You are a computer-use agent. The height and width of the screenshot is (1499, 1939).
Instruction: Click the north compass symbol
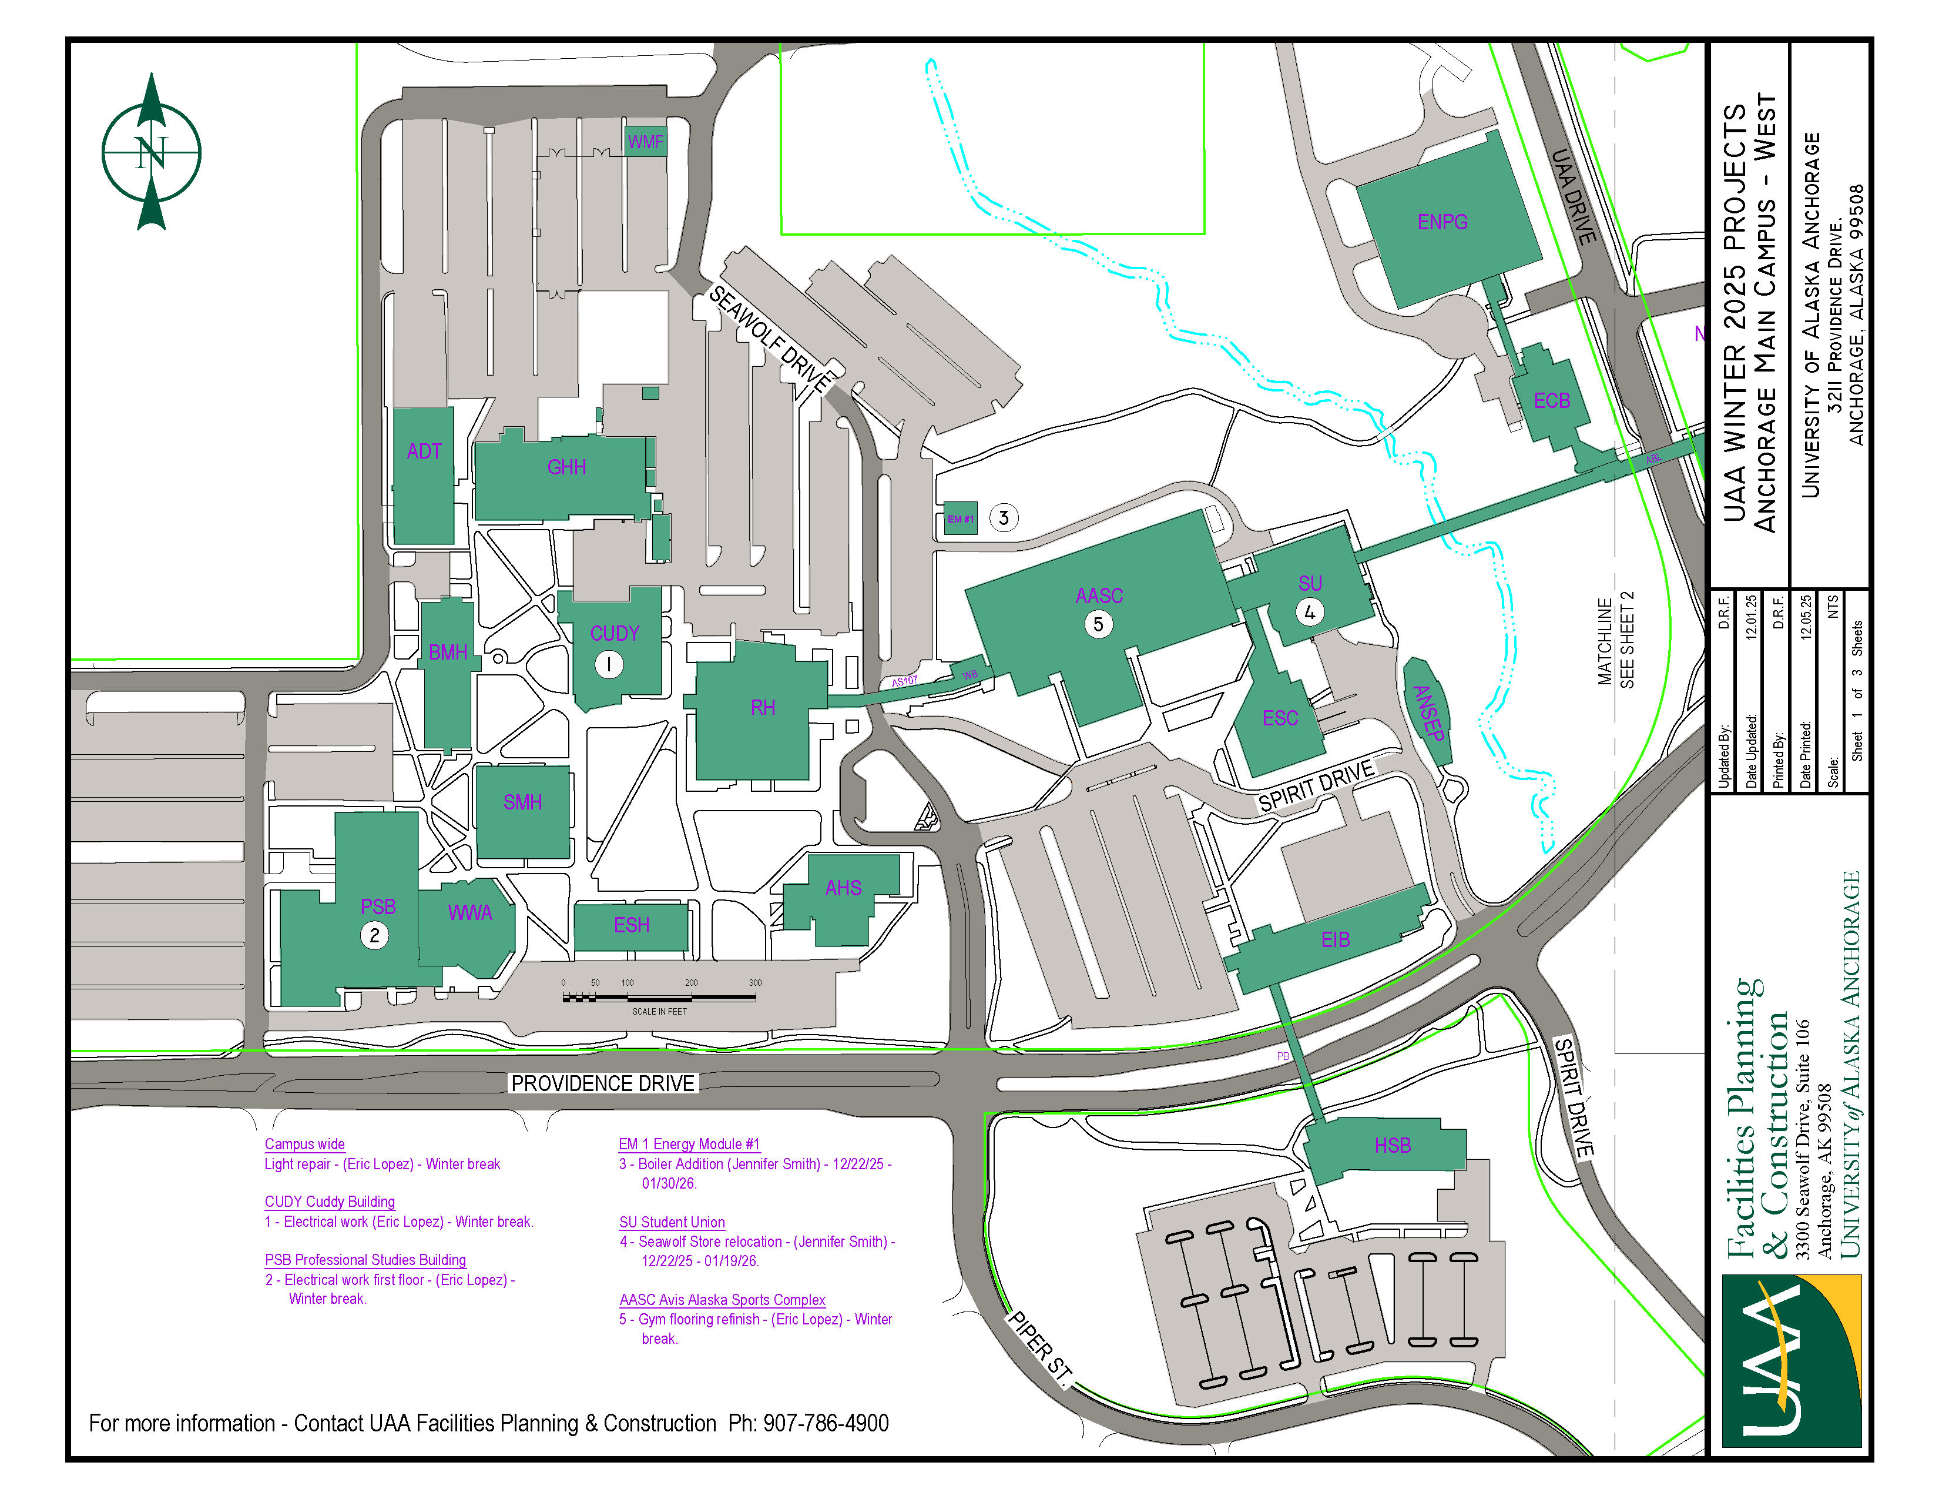pyautogui.click(x=151, y=152)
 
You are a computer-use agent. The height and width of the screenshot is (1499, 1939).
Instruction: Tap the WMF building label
pyautogui.click(x=645, y=142)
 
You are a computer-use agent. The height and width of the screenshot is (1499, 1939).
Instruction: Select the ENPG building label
pyautogui.click(x=1442, y=222)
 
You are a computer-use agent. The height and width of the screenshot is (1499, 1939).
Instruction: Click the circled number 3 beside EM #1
pyautogui.click(x=1003, y=518)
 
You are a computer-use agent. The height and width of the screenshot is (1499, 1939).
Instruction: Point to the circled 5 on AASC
pyautogui.click(x=1098, y=624)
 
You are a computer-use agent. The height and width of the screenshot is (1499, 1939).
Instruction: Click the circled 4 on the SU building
pyautogui.click(x=1310, y=612)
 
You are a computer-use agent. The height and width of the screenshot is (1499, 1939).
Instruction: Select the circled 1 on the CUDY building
pyautogui.click(x=609, y=664)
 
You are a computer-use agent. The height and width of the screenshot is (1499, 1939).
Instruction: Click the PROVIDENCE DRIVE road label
pyautogui.click(x=603, y=1083)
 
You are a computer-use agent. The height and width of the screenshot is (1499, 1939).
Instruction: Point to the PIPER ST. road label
pyautogui.click(x=1039, y=1346)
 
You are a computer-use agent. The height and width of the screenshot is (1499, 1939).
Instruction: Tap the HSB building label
pyautogui.click(x=1392, y=1146)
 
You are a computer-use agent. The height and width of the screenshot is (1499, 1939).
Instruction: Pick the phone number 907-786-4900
pyautogui.click(x=826, y=1424)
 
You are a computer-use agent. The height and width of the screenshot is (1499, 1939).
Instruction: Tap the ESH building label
pyautogui.click(x=631, y=925)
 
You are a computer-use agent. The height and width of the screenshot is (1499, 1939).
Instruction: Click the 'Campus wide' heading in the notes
pyautogui.click(x=304, y=1145)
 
